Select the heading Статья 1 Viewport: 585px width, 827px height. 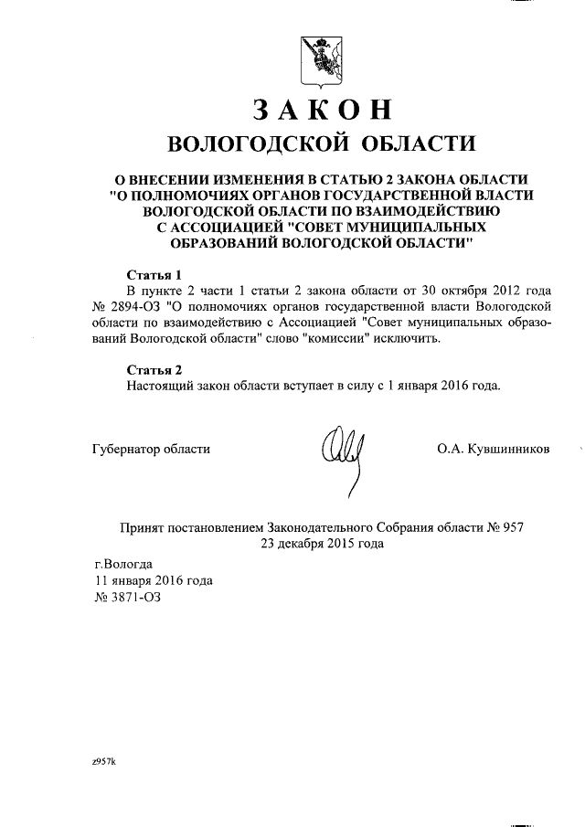[154, 274]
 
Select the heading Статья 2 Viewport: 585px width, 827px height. [154, 369]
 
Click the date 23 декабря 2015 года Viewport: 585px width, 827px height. [322, 543]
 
